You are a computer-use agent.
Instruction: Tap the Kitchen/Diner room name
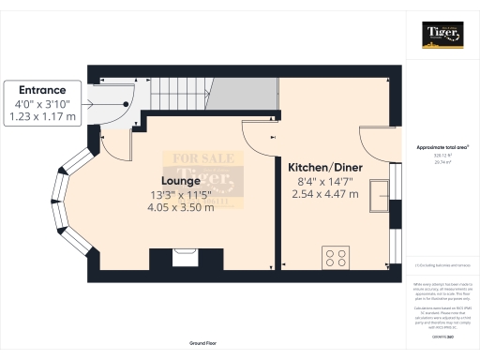point(325,168)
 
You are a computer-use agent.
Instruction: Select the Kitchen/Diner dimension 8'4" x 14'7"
point(325,181)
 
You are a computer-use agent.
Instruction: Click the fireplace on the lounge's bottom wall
point(174,256)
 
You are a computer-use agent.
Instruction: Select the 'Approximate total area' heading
point(442,147)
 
